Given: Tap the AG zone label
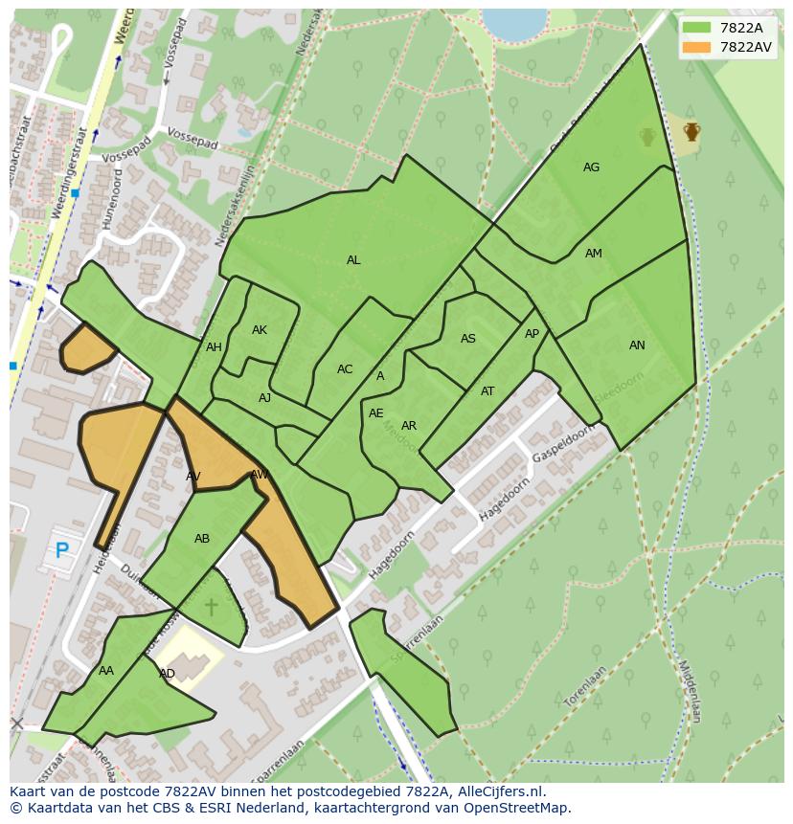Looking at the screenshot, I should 591,167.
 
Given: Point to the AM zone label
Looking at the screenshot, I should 593,254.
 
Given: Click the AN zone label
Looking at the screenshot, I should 637,345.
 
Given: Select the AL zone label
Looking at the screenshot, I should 353,260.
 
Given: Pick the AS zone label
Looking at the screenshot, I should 467,339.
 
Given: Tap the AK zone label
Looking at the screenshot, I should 259,330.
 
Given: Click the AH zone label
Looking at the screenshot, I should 214,347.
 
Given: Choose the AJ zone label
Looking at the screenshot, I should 264,398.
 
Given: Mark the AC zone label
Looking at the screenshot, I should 345,369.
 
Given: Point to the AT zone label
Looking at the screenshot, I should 487,391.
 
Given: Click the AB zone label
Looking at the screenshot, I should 202,539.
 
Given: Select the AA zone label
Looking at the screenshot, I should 106,671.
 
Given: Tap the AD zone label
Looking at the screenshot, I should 167,674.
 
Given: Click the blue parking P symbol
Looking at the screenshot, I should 62,550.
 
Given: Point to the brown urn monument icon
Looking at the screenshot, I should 691,131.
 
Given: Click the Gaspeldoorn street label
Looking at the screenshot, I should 562,442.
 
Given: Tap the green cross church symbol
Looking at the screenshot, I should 211,607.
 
